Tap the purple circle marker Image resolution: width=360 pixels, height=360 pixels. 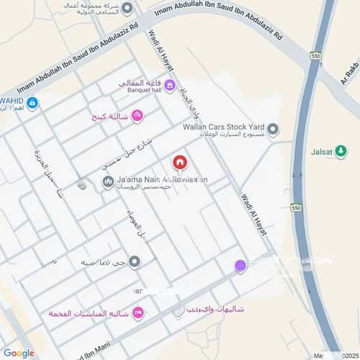tap(240, 266)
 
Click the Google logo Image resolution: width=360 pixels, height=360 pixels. tap(18, 353)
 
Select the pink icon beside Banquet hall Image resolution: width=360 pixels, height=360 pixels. tap(170, 86)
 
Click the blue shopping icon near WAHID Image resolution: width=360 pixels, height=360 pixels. tap(32, 103)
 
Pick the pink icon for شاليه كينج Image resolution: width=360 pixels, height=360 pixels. tap(137, 115)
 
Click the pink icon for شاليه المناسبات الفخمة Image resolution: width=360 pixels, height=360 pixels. tap(138, 313)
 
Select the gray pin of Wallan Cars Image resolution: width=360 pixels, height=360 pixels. tap(274, 129)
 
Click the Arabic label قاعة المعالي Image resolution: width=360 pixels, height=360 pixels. tap(140, 82)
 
